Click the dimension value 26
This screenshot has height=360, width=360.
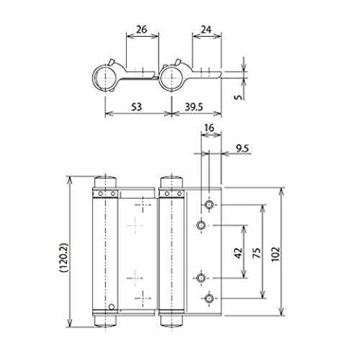(x=141, y=30)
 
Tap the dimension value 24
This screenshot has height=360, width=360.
(x=206, y=30)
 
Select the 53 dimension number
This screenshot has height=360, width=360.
(x=136, y=107)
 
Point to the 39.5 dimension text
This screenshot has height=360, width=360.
(x=194, y=107)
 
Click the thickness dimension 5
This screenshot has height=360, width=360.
(x=238, y=96)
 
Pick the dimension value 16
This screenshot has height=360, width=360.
(x=210, y=128)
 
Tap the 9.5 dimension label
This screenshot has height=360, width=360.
(x=243, y=148)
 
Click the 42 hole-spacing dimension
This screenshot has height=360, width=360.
(x=238, y=253)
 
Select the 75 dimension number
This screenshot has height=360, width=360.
(x=256, y=253)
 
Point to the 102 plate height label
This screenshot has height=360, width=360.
(x=276, y=254)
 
